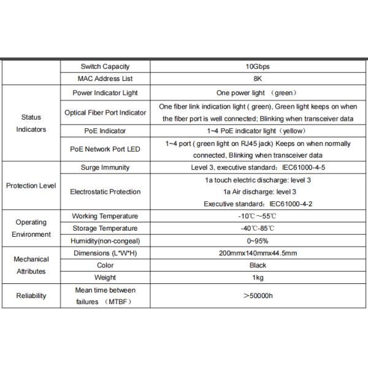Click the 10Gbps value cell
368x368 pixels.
pos(258,66)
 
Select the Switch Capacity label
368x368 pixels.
pos(105,66)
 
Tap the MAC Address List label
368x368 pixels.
pos(105,79)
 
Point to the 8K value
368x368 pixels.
pos(258,79)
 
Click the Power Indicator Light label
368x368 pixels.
pos(105,93)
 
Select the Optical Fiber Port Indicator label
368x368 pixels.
pos(105,112)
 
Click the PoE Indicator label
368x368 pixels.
pos(105,131)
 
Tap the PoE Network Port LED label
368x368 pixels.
pos(105,149)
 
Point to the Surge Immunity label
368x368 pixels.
pos(105,167)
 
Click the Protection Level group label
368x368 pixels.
pos(31,185)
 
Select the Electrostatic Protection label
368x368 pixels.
pos(105,191)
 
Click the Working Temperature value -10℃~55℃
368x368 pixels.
pos(258,217)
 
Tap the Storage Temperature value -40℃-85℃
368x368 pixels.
pos(258,229)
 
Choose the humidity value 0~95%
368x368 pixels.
pos(258,241)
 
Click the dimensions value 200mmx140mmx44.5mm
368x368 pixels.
pos(258,253)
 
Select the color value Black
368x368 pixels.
pos(258,266)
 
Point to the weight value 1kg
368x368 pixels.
pos(258,278)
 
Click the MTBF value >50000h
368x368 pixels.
pos(258,296)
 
